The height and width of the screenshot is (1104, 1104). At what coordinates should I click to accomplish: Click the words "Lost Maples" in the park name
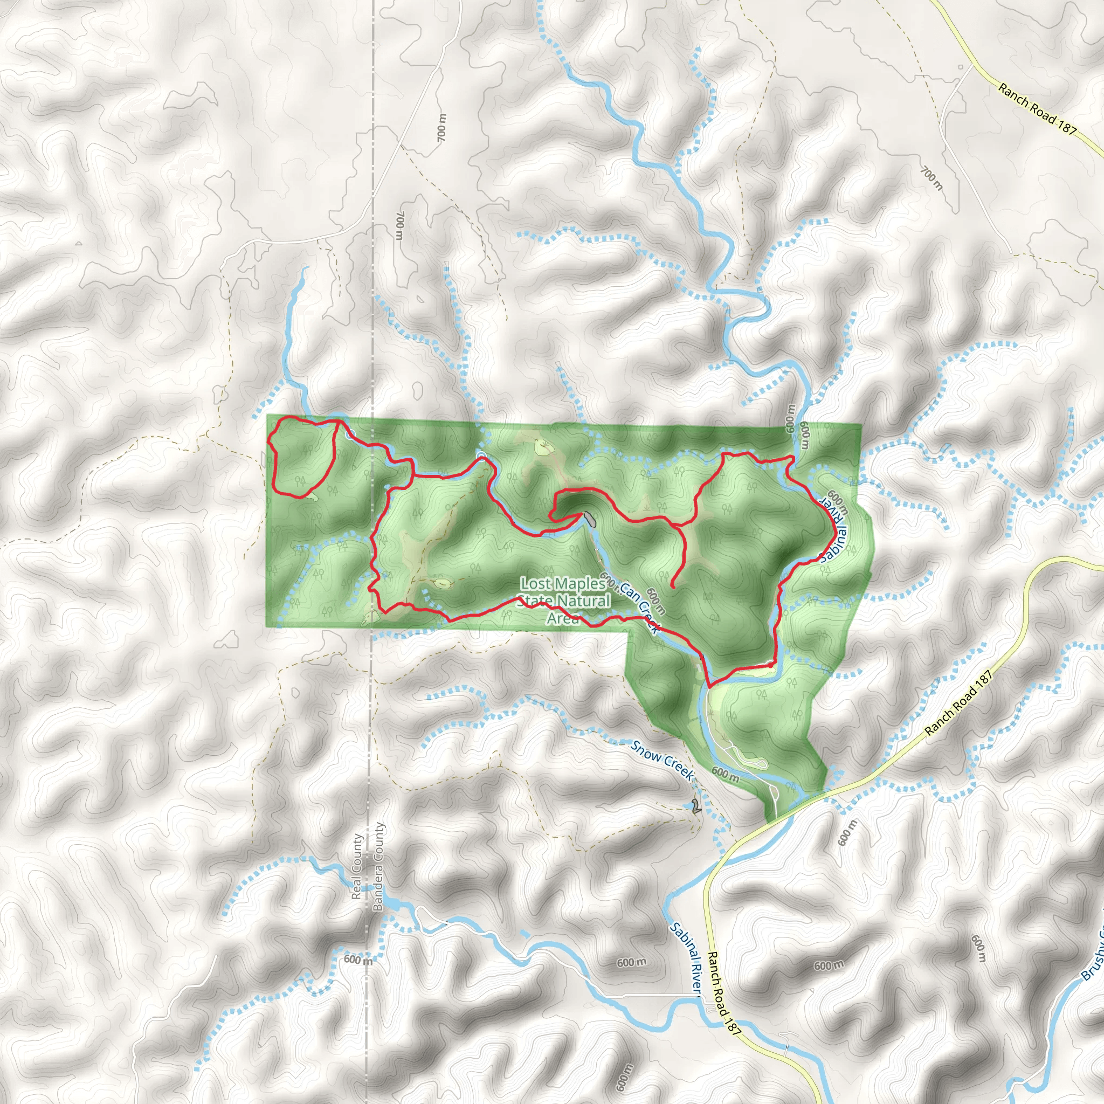coord(563,583)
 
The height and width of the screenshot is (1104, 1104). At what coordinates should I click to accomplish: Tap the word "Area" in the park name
coord(563,618)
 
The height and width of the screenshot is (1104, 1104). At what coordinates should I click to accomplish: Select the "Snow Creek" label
coord(662,760)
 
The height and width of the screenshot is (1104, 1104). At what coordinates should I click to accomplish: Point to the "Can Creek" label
coord(639,607)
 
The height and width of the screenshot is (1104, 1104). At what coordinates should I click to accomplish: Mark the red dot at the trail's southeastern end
coord(771,665)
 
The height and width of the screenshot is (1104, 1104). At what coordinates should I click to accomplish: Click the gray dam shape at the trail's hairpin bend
coord(589,519)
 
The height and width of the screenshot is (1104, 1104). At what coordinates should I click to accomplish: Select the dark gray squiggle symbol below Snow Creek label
coord(695,808)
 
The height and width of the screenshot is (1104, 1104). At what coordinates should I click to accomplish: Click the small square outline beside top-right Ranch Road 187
coord(961,67)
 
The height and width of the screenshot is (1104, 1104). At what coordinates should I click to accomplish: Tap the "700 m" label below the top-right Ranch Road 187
coord(931,178)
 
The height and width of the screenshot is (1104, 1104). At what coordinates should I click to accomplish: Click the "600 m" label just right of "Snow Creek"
coord(725,774)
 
